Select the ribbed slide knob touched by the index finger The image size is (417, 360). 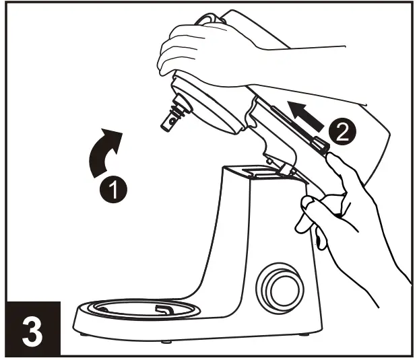pyautogui.click(x=319, y=143)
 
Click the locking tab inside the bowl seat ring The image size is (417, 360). pyautogui.click(x=163, y=309)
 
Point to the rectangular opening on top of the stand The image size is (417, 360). pyautogui.click(x=254, y=170)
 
